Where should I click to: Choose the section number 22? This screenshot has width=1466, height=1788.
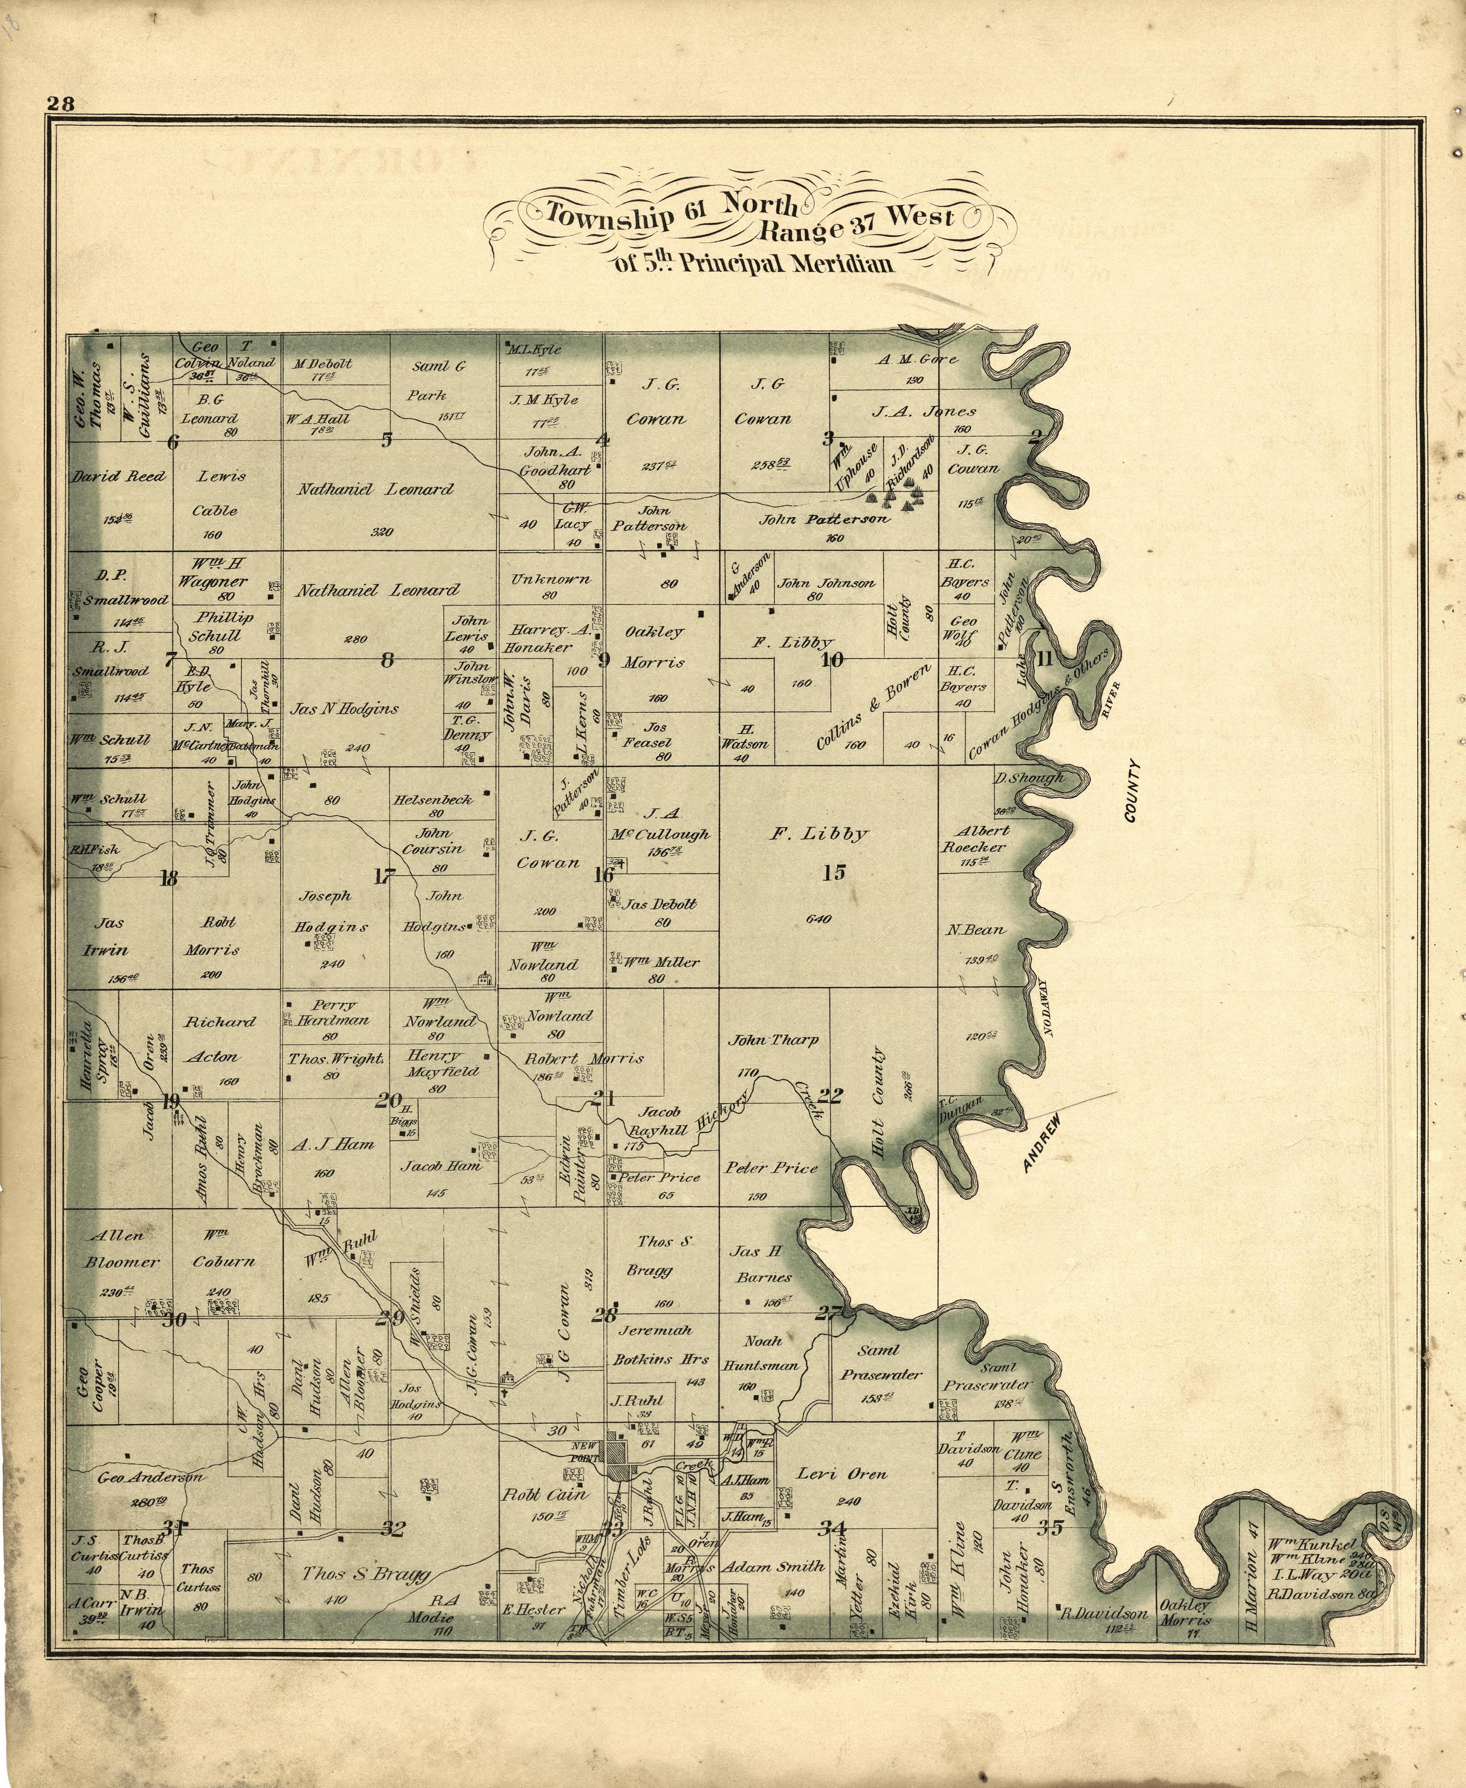[x=830, y=1096]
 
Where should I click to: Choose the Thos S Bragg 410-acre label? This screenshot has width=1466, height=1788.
[x=366, y=1574]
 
